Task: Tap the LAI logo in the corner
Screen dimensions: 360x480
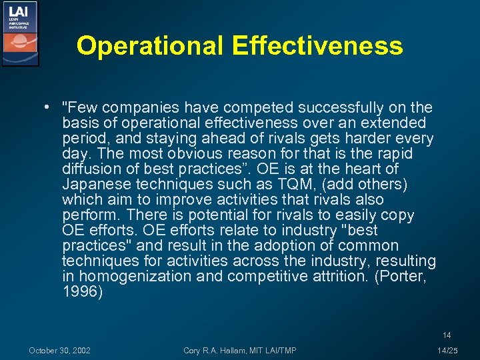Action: coord(20,33)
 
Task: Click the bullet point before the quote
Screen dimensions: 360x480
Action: coord(49,108)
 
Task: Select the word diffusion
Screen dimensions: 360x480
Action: coord(91,169)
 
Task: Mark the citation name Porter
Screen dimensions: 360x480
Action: coord(400,276)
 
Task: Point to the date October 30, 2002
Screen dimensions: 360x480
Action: coord(60,351)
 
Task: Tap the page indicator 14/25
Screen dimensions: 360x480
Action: coord(447,351)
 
